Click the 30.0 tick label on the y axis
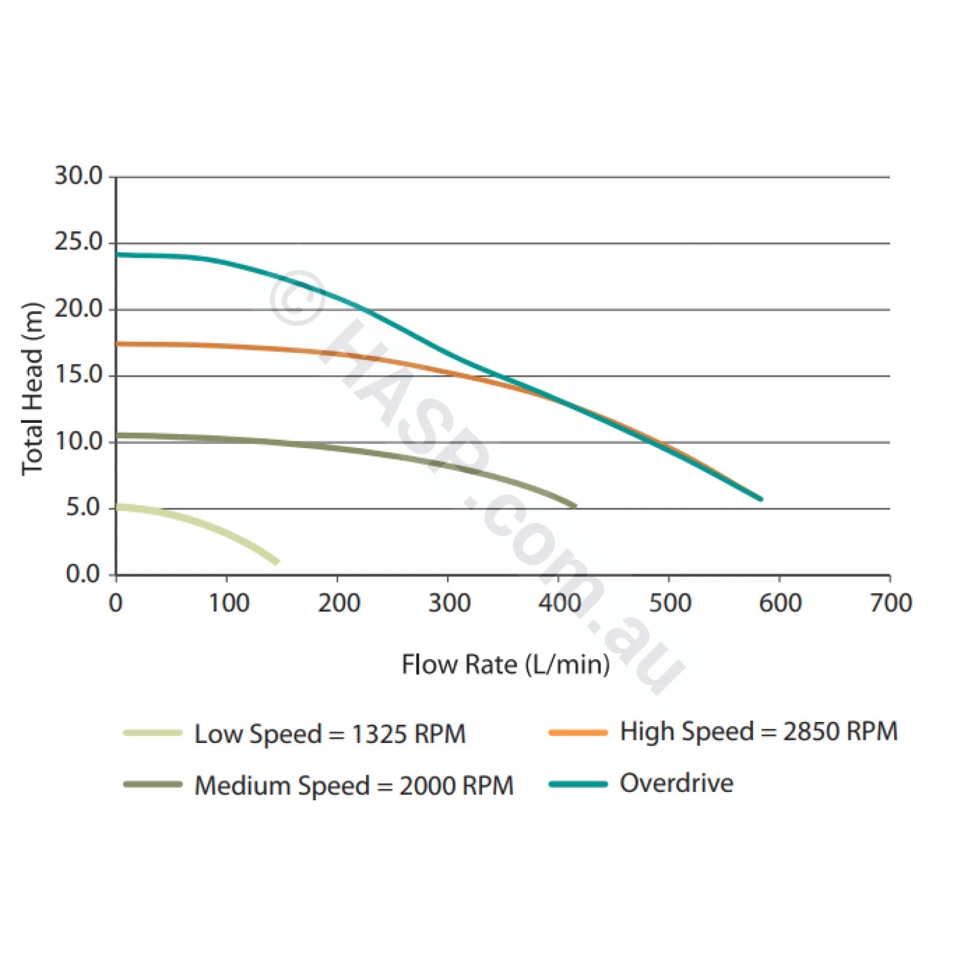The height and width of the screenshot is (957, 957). tap(78, 176)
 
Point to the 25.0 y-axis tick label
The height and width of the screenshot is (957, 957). tap(78, 242)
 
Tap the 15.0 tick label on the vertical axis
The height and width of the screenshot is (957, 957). tap(78, 375)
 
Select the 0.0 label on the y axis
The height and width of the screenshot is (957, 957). tap(83, 574)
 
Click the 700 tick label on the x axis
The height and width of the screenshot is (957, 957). tap(891, 603)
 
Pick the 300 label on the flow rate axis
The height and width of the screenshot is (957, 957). tap(449, 603)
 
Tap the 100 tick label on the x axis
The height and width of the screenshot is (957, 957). tap(228, 603)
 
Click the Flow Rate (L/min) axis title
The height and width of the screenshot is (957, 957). tap(505, 665)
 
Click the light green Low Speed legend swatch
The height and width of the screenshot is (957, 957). tap(153, 733)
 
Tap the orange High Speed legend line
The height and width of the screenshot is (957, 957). tap(578, 732)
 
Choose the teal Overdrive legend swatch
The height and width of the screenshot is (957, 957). tap(578, 784)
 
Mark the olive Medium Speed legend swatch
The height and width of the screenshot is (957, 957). tap(153, 784)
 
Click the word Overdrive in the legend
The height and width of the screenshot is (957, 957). tap(676, 783)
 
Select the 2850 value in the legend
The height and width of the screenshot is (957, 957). tap(810, 732)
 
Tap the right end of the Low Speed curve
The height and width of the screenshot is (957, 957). tap(276, 562)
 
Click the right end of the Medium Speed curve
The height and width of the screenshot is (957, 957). tap(574, 507)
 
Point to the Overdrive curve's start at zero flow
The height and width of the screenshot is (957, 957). tap(118, 255)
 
